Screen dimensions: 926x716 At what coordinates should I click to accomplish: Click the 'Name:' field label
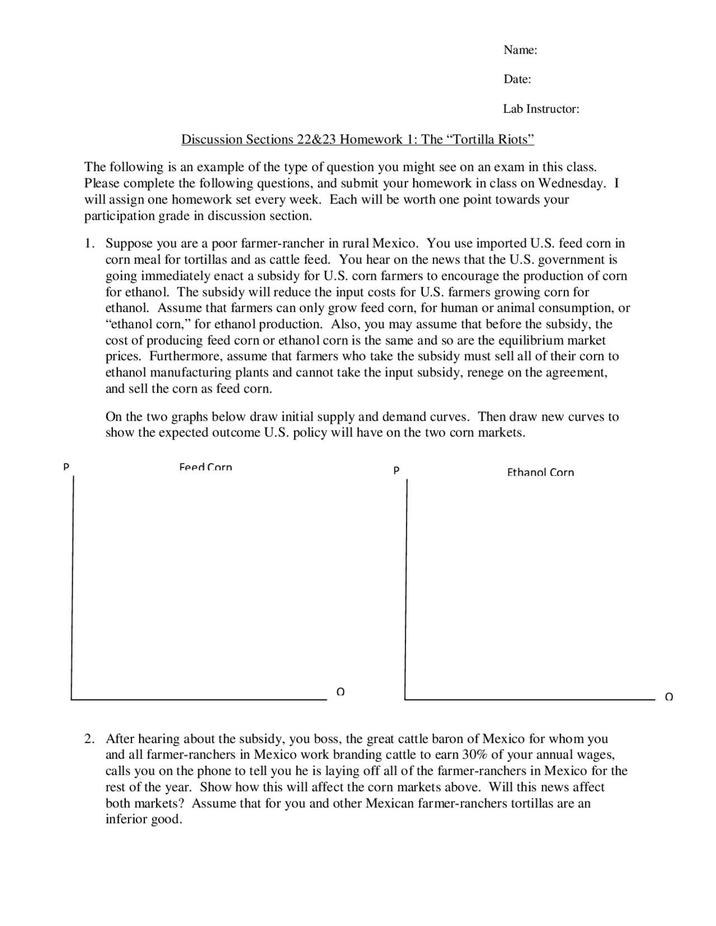point(520,50)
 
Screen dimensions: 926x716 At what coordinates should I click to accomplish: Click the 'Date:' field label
point(517,79)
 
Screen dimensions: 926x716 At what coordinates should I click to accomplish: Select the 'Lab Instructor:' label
point(540,109)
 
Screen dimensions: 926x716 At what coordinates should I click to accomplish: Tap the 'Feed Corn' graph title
point(205,467)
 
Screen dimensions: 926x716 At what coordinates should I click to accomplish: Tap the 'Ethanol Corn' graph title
point(540,473)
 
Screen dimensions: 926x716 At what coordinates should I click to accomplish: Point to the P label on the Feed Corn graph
point(66,466)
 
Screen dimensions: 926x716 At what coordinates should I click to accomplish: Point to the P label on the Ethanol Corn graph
point(396,471)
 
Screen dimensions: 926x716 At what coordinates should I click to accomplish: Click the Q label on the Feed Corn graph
point(340,692)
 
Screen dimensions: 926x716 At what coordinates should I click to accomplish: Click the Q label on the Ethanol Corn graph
point(668,697)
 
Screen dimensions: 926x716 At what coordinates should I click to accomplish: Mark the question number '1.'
point(89,244)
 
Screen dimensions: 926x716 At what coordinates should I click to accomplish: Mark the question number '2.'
point(89,739)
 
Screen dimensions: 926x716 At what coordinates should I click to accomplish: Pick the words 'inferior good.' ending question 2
point(144,820)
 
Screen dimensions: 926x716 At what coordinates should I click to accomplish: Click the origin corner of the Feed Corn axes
point(72,699)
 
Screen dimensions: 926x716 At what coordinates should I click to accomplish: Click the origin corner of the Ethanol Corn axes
point(405,699)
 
